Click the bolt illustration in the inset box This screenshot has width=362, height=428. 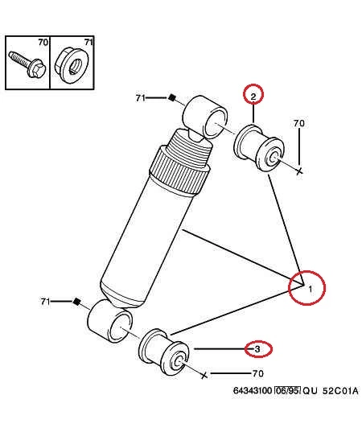[x=27, y=64]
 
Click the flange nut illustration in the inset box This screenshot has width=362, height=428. [x=72, y=66]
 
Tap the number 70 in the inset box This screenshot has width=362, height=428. [x=43, y=43]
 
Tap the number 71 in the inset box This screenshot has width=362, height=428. [x=88, y=43]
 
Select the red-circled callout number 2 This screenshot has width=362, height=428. [x=253, y=97]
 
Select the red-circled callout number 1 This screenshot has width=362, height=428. [x=311, y=289]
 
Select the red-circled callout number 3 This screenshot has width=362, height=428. [x=257, y=349]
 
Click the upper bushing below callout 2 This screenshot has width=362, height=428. [x=259, y=148]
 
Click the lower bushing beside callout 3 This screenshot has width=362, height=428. [x=164, y=352]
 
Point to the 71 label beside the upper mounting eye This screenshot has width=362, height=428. [x=140, y=97]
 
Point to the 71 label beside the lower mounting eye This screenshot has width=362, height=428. [x=45, y=302]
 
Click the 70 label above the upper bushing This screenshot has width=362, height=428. [x=299, y=123]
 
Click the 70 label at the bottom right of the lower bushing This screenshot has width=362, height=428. [x=258, y=373]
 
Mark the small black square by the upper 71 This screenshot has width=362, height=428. [x=171, y=97]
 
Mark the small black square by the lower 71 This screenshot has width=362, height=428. [x=76, y=302]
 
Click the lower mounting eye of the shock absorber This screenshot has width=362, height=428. [x=109, y=322]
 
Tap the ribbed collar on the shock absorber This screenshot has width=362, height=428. [x=179, y=170]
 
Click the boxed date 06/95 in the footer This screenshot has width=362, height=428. [x=287, y=391]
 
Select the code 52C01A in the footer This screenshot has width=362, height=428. [x=340, y=391]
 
